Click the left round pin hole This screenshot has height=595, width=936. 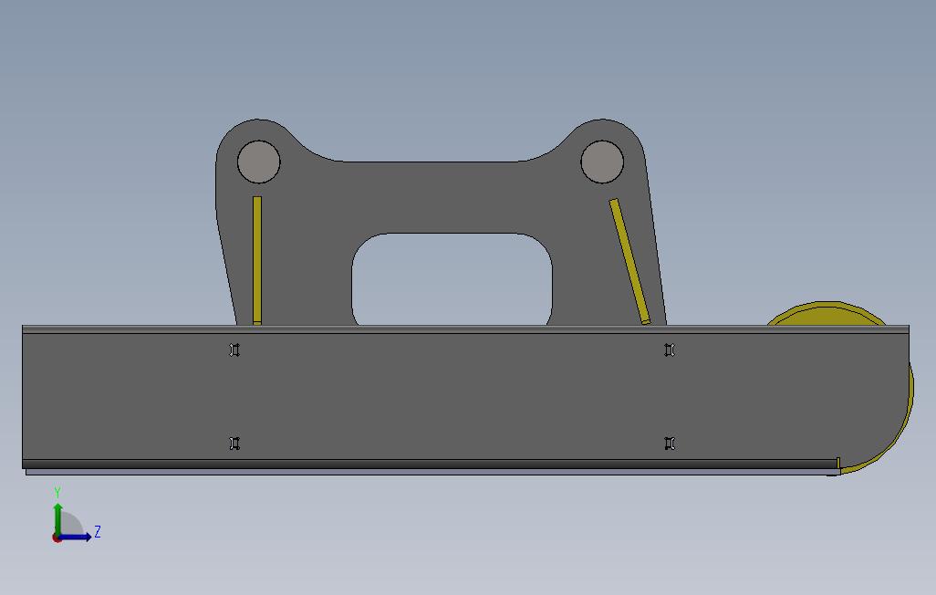coord(258,162)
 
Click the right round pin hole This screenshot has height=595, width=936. coord(602,162)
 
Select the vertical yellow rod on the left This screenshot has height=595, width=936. coord(257,260)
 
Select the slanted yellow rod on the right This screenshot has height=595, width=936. coord(629,262)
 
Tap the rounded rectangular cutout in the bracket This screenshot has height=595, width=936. coord(452,279)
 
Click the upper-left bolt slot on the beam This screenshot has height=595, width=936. coord(234,350)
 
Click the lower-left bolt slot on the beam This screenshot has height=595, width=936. coord(234,444)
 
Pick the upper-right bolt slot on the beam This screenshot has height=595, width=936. coord(670,350)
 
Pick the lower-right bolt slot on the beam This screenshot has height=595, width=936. coord(670,444)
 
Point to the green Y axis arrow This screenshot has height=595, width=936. coord(57,520)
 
